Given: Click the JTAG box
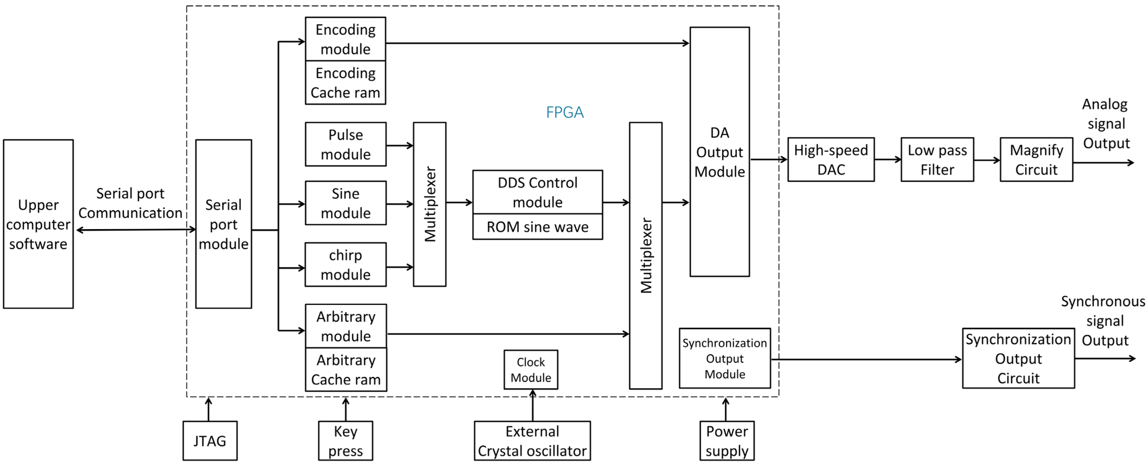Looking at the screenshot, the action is pos(210,440).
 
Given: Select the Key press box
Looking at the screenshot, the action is pos(345,440).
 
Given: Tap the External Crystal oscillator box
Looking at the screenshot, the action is pos(532,440).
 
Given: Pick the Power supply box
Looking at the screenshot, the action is pos(727,440).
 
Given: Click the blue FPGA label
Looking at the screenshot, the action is pos(565,112).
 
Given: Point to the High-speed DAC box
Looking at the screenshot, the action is pos(831,159).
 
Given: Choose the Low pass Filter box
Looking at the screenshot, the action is pos(937,159).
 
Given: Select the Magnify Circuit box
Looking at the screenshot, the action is pos(1036,159).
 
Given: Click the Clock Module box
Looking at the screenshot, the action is pos(531,369).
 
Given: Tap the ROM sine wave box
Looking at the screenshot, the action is pos(537,227).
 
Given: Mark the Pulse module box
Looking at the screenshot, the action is pos(345,144).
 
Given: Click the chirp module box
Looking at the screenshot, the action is pos(345,265).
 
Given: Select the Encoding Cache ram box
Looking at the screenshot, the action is pos(345,83).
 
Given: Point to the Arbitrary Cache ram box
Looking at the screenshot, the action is pos(346,369).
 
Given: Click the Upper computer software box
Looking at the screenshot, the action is pos(38,224).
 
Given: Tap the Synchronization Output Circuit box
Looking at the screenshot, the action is pos(1018,358).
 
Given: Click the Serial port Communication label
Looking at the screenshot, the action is pos(130,203).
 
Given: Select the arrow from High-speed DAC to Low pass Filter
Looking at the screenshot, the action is pos(888,159).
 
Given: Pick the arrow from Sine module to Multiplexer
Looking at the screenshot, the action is pos(400,204).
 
